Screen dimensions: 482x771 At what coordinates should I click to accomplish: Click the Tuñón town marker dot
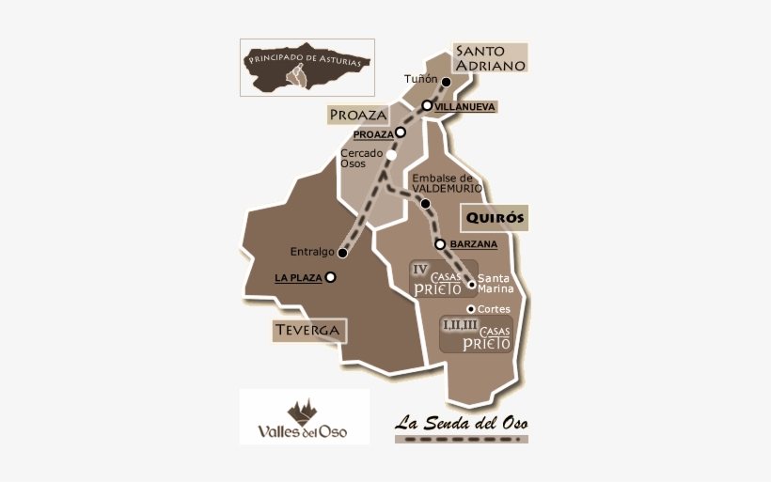pyautogui.click(x=447, y=82)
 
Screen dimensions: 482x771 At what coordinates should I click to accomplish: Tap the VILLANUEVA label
pyautogui.click(x=465, y=107)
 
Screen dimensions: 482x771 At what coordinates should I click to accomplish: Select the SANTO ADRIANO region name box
pyautogui.click(x=489, y=57)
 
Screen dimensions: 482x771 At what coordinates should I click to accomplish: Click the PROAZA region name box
pyautogui.click(x=358, y=115)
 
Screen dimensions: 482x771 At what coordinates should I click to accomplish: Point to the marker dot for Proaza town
pyautogui.click(x=401, y=132)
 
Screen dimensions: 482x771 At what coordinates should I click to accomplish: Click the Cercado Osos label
pyautogui.click(x=360, y=158)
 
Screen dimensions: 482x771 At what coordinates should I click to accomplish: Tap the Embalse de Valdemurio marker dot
pyautogui.click(x=426, y=203)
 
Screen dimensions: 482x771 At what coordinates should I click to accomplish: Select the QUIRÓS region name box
pyautogui.click(x=494, y=219)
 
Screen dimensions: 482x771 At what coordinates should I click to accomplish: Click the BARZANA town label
pyautogui.click(x=474, y=244)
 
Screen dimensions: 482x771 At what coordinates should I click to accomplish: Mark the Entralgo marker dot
pyautogui.click(x=343, y=253)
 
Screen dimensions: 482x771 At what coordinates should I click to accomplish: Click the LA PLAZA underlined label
pyautogui.click(x=298, y=278)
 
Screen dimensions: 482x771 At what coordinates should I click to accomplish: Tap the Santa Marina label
pyautogui.click(x=495, y=284)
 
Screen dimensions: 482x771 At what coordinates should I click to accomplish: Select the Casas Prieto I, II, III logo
pyautogui.click(x=475, y=334)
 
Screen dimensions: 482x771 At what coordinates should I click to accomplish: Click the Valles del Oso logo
pyautogui.click(x=304, y=416)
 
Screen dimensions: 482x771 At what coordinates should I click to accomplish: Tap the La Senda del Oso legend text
pyautogui.click(x=461, y=422)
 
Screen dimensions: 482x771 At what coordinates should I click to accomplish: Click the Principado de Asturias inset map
pyautogui.click(x=307, y=67)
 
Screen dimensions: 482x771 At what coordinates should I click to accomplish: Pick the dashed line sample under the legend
pyautogui.click(x=461, y=439)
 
